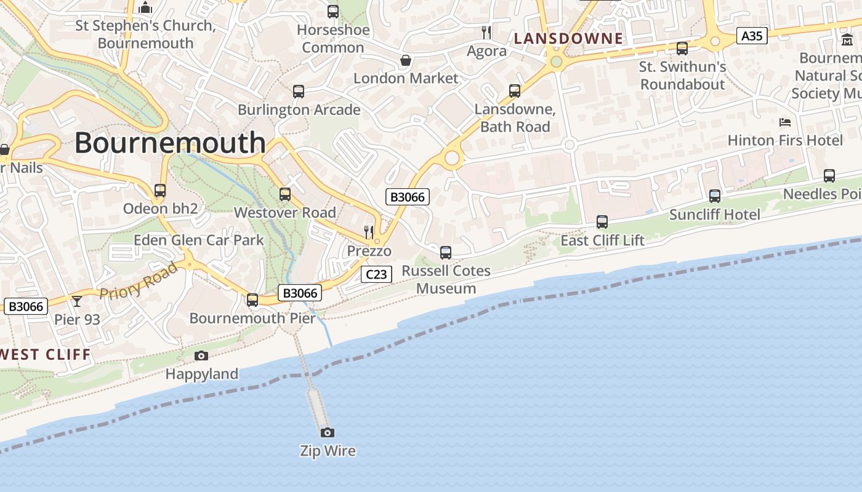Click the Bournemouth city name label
(x=170, y=143)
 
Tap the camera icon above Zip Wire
(x=328, y=432)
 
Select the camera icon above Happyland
(x=201, y=355)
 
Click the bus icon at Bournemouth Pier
(x=252, y=300)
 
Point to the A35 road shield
(x=752, y=36)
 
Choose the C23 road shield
(x=376, y=274)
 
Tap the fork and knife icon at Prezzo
(x=369, y=232)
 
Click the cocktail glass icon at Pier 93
(x=77, y=301)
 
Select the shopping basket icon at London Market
(x=406, y=60)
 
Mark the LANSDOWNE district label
(x=568, y=39)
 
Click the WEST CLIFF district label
(x=46, y=355)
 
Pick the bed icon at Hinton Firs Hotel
(x=785, y=122)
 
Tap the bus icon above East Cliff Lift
(x=602, y=222)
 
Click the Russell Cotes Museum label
(x=446, y=279)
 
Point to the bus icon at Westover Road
(x=285, y=194)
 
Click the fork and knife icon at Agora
(x=486, y=32)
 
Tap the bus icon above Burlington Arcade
(x=299, y=92)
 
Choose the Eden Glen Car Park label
(x=198, y=240)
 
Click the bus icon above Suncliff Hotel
(x=714, y=196)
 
